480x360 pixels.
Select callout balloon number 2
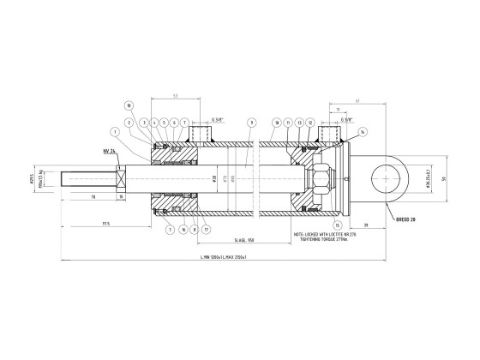[129, 123]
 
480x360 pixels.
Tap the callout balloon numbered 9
[251, 123]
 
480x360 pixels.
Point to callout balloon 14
[363, 131]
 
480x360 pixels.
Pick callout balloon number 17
[207, 230]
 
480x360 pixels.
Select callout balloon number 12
[310, 123]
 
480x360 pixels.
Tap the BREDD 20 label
[405, 219]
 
